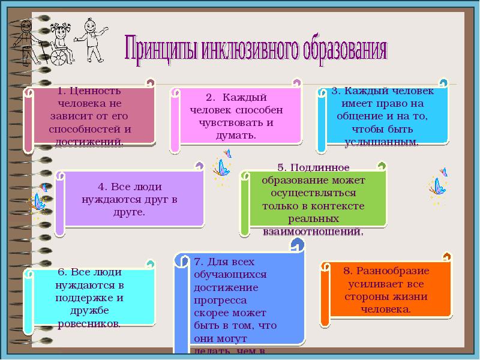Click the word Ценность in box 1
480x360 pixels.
point(95,91)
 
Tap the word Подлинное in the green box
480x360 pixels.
point(325,167)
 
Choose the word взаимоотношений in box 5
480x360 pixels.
point(313,230)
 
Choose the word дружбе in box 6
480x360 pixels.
point(90,310)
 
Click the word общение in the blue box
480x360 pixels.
point(357,116)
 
